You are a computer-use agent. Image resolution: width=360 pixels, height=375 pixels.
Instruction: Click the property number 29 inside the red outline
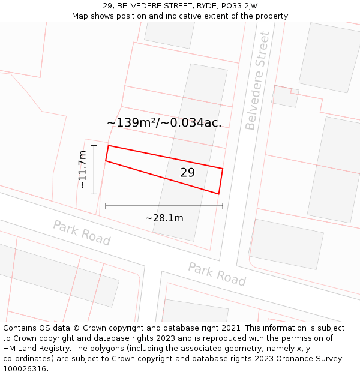[x=187, y=173]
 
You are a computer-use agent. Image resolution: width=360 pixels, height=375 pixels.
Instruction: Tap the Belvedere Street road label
[x=258, y=80]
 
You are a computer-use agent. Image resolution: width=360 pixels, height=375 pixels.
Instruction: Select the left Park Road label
[x=82, y=233]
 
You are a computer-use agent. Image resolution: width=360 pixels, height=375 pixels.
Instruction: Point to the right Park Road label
[x=217, y=274]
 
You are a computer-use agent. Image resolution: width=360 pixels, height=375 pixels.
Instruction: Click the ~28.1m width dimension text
[x=164, y=218]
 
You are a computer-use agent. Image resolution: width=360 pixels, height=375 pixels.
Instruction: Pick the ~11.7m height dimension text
[x=82, y=170]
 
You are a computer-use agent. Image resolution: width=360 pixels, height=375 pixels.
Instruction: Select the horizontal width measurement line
[x=164, y=206]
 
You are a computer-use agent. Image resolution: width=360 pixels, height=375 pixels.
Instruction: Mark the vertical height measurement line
[x=94, y=170]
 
